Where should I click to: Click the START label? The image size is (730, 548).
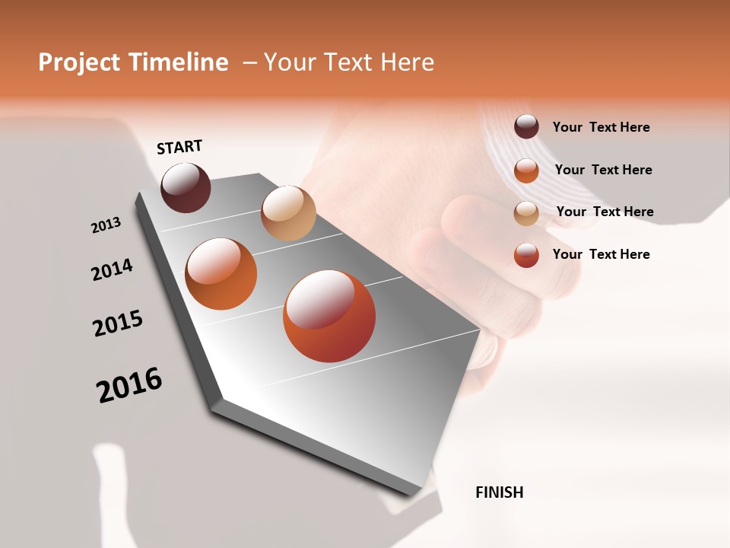179,147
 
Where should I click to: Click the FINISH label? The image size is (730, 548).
499,492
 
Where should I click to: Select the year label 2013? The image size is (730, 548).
106,225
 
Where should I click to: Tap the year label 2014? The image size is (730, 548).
112,269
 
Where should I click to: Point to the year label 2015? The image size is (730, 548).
118,323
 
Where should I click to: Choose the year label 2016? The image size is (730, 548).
129,384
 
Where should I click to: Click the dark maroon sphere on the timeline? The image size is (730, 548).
186,187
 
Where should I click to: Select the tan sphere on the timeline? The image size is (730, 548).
288,213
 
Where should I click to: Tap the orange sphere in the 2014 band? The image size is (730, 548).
221,274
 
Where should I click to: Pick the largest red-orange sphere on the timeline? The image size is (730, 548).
329,316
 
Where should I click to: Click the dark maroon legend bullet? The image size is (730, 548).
526,126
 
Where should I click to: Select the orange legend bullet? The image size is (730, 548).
526,170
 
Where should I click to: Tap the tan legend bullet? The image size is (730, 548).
526,212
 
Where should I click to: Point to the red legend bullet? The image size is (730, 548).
526,255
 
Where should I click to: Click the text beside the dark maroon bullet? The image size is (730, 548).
601,127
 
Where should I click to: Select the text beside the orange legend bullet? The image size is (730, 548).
603,170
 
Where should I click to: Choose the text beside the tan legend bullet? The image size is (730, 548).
605,212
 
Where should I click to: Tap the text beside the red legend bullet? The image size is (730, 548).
601,254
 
